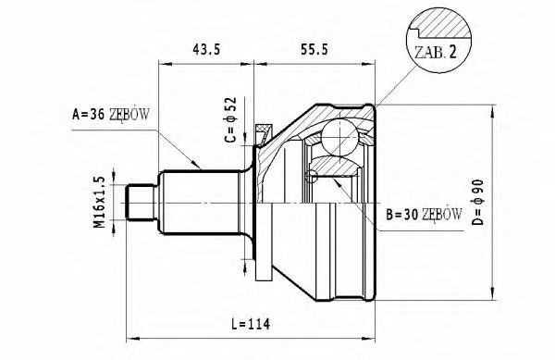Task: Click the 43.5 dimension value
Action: [206, 49]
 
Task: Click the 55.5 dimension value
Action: [314, 49]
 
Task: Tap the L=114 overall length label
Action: [251, 324]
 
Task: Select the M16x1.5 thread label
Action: [100, 202]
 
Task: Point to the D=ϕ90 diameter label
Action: [478, 203]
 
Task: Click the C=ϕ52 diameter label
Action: [230, 119]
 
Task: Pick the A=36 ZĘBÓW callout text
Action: [111, 115]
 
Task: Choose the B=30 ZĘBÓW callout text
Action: [424, 214]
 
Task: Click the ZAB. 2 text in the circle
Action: [436, 52]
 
